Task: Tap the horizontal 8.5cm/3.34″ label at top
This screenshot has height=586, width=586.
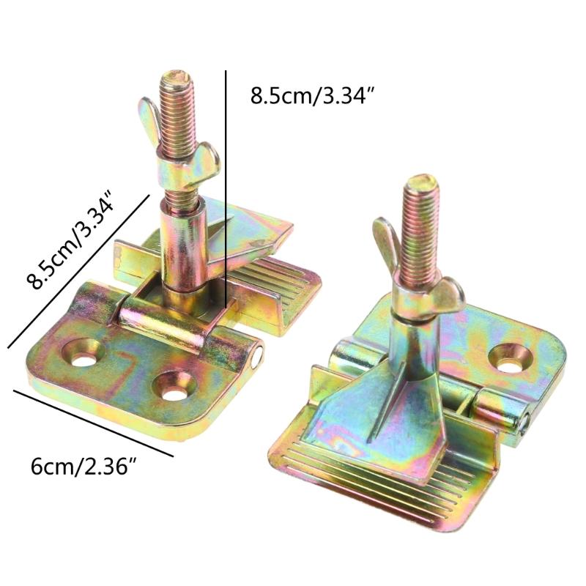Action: [x=313, y=95]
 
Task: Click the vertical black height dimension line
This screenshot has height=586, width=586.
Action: [x=226, y=189]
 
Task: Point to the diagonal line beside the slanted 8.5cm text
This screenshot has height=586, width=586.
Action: [x=78, y=271]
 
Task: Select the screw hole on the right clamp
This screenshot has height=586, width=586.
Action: [x=511, y=358]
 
